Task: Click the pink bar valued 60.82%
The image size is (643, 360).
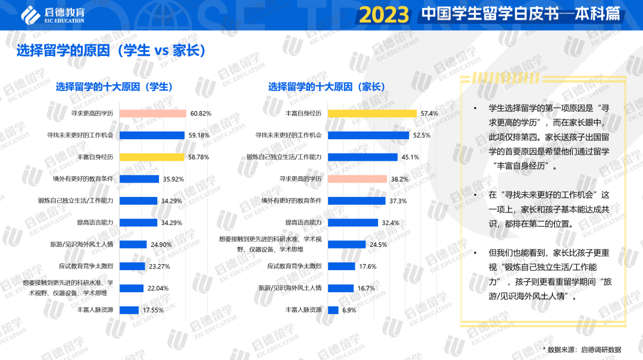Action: point(153,113)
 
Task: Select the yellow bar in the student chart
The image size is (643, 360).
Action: point(152,157)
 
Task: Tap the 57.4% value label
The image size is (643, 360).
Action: point(429,113)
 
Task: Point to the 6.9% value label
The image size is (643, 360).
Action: point(349,310)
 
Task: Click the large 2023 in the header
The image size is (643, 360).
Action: point(385,15)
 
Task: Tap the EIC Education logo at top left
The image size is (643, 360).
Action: point(52,15)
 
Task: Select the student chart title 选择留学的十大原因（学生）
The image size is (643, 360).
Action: point(114,87)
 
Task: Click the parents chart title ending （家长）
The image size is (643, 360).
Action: point(326,87)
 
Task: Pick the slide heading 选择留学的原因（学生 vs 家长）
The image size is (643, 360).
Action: point(111,51)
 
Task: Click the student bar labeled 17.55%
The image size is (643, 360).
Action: point(129,310)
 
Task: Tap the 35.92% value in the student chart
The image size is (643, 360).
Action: point(173,179)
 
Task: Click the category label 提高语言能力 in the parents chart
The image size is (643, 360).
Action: point(304,223)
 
